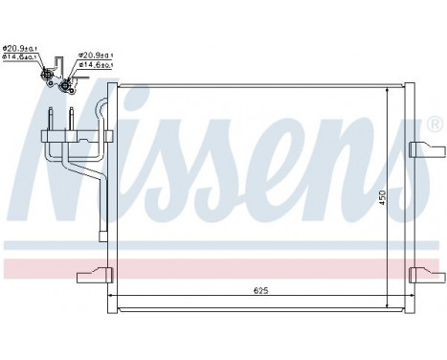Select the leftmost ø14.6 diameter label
[x=17, y=58]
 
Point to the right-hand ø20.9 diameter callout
[x=95, y=56]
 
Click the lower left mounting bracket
[x=93, y=273]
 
